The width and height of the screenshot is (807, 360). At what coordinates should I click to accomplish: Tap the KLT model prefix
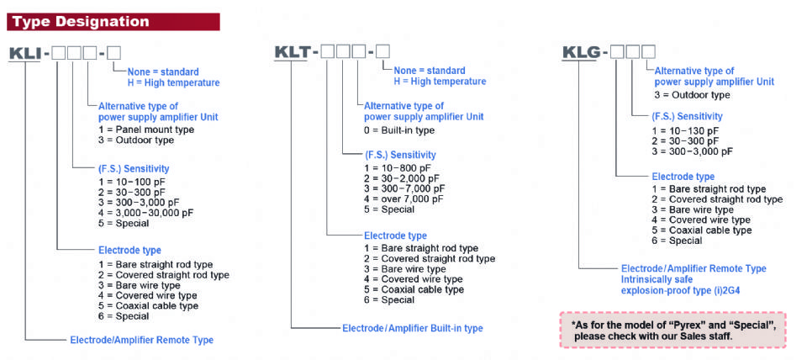[292, 53]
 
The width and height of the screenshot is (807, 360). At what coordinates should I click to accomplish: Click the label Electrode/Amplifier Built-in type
[412, 327]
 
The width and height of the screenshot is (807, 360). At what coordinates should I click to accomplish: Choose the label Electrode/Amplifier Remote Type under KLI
[141, 340]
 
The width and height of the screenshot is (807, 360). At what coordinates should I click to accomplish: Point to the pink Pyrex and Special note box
[672, 329]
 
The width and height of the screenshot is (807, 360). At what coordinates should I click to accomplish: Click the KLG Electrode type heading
[683, 177]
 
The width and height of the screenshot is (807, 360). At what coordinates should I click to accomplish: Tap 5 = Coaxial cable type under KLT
[414, 289]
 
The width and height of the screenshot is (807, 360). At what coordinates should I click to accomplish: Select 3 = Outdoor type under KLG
[693, 94]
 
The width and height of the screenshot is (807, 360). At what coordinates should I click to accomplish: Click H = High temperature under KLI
[173, 82]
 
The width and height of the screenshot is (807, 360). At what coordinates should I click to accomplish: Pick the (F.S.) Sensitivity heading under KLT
[400, 156]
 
